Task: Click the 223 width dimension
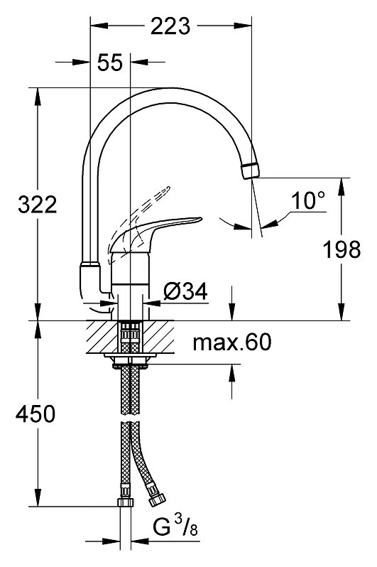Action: pyautogui.click(x=170, y=26)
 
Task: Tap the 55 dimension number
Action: pyautogui.click(x=110, y=63)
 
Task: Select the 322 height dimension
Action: pyautogui.click(x=37, y=205)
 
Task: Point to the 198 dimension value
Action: pyautogui.click(x=342, y=249)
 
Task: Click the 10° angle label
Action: pyautogui.click(x=308, y=200)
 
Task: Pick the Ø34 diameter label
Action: pyautogui.click(x=185, y=291)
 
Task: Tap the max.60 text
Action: pyautogui.click(x=231, y=342)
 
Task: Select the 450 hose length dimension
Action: pyautogui.click(x=35, y=414)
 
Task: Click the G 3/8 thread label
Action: pyautogui.click(x=175, y=527)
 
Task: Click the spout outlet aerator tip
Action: pyautogui.click(x=250, y=171)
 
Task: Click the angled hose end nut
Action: pyautogui.click(x=156, y=499)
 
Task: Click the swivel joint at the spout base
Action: pyautogui.click(x=90, y=280)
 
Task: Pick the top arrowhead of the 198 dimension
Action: pyautogui.click(x=342, y=187)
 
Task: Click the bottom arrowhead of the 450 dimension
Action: pyautogui.click(x=37, y=498)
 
